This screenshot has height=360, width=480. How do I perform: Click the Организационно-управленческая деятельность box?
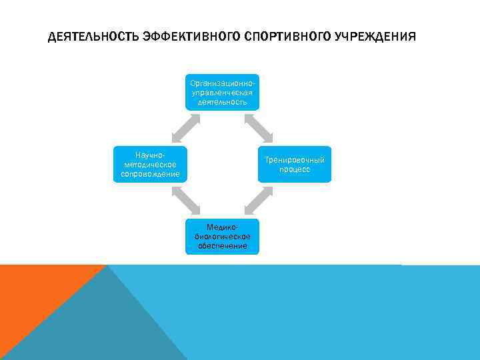tap(222, 92)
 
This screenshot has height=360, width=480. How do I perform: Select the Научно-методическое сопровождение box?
tap(146, 164)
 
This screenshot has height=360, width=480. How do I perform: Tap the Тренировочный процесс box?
tap(295, 164)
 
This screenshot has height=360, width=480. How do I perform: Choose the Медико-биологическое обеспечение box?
tap(222, 236)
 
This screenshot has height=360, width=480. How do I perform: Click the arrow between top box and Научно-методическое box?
tap(186, 128)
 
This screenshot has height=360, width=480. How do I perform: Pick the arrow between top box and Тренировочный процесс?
tap(258, 128)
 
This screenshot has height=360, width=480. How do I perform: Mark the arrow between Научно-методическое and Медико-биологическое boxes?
tap(186, 200)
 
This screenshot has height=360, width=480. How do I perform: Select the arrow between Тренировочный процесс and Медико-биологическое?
tap(258, 200)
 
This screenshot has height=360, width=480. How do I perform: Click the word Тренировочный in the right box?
tap(295, 160)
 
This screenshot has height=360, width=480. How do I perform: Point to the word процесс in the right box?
tap(295, 169)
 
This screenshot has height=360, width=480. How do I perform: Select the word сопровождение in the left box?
tap(146, 174)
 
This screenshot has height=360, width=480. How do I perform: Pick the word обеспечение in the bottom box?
tap(222, 246)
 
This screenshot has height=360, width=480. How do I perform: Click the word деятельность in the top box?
tap(222, 102)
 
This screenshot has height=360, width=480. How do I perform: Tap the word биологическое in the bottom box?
tap(222, 237)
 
